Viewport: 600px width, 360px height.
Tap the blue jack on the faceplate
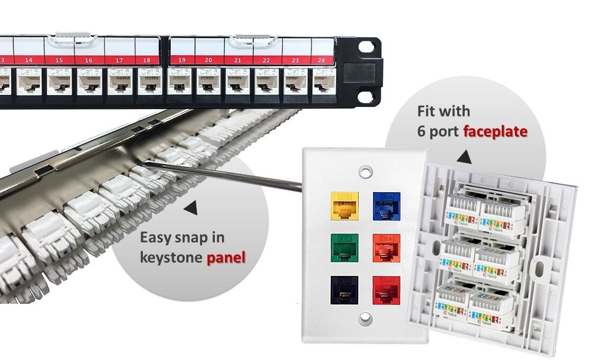(x=386, y=204)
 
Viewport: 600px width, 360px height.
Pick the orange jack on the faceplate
(x=386, y=246)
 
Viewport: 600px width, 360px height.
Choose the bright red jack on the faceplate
(x=386, y=289)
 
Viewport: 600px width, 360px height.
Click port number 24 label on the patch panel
(x=321, y=60)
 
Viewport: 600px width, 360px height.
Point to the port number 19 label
(x=181, y=60)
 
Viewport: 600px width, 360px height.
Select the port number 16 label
(x=88, y=60)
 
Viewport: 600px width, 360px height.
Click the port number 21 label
(x=238, y=60)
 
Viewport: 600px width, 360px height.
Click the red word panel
(x=227, y=258)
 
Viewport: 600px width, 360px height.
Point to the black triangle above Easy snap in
(x=191, y=210)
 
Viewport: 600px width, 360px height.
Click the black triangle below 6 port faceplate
(x=466, y=157)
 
